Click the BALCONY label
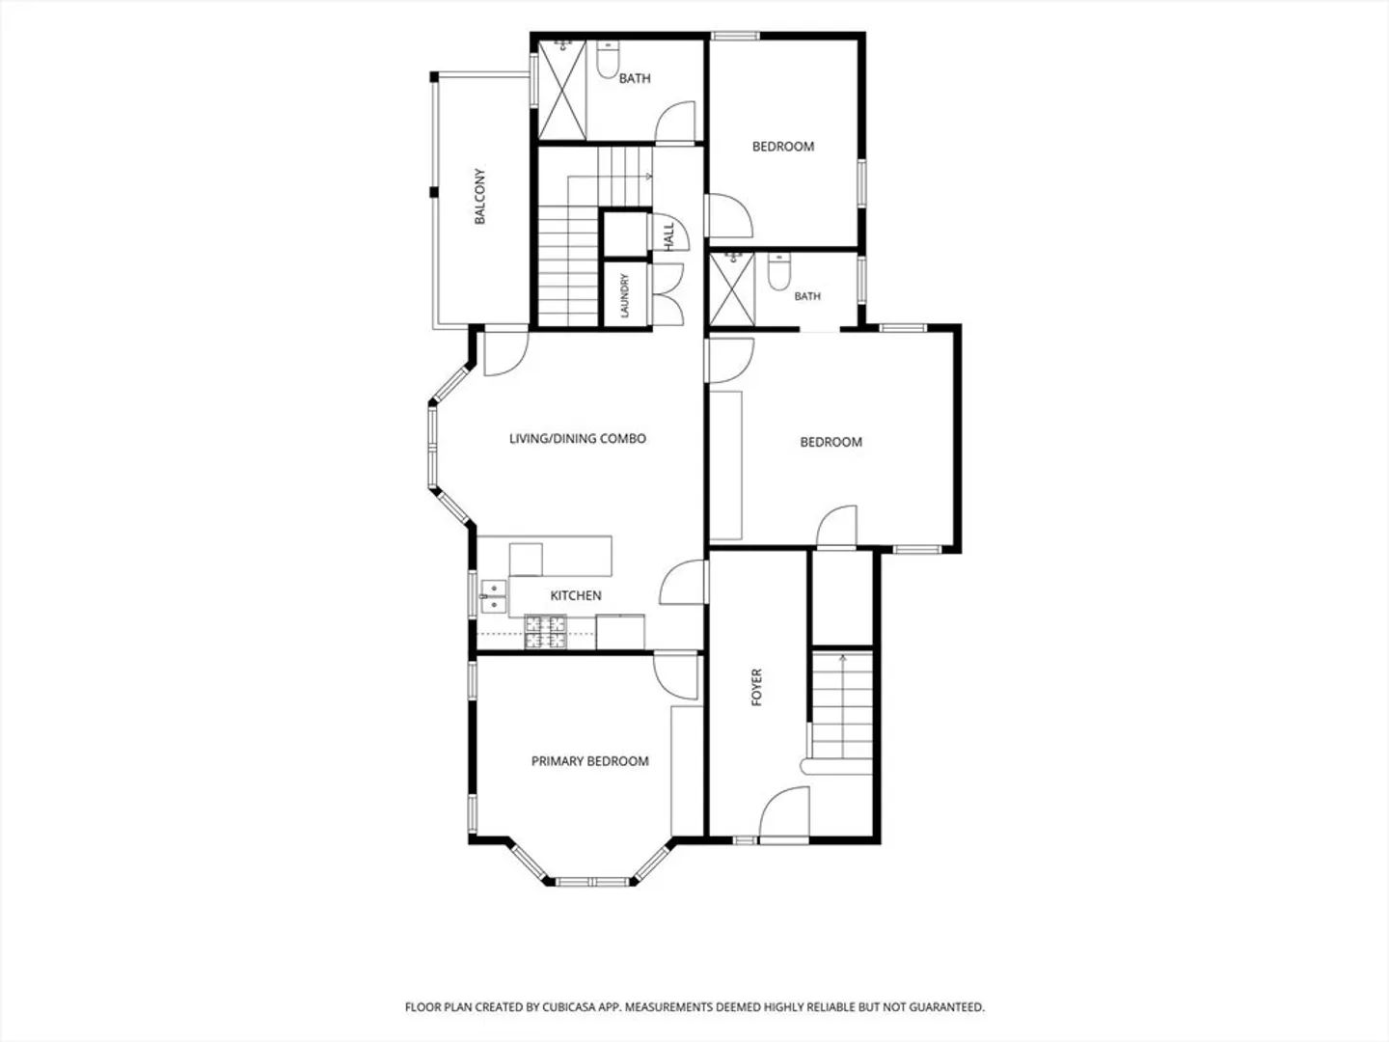click(479, 196)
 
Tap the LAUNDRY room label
click(625, 295)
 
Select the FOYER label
click(756, 687)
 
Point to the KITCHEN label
click(576, 595)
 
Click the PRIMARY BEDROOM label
click(589, 761)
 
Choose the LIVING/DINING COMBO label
click(578, 438)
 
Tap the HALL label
click(668, 236)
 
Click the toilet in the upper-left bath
click(608, 60)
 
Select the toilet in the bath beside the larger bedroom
click(779, 271)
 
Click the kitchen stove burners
click(545, 632)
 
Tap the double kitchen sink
click(494, 597)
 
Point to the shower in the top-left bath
click(562, 89)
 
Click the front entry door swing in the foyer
click(784, 812)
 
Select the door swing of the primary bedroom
click(676, 677)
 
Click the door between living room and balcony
click(506, 353)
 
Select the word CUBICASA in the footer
click(569, 1007)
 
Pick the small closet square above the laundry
click(625, 234)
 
